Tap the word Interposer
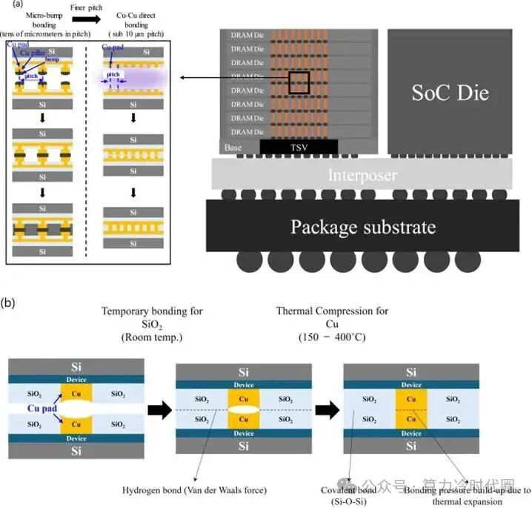(362, 176)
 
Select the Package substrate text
(363, 226)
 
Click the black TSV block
(299, 148)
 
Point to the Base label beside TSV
(233, 148)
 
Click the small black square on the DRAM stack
(299, 82)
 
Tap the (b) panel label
(10, 303)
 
